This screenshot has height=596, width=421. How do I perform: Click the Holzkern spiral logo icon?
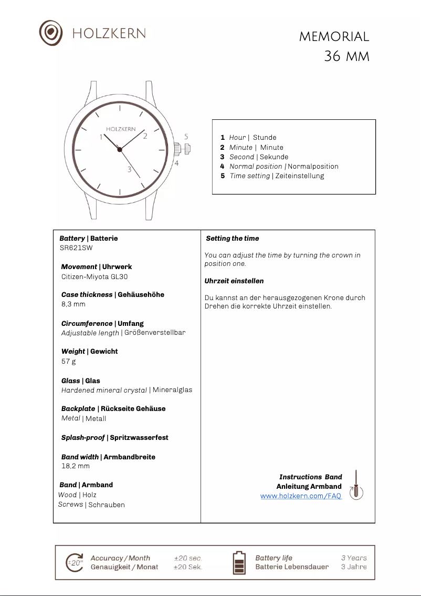pyautogui.click(x=51, y=33)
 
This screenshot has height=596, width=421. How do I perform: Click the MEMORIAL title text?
pyautogui.click(x=334, y=37)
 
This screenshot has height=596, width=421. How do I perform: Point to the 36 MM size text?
pyautogui.click(x=346, y=56)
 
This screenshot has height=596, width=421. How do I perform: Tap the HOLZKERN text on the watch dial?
pyautogui.click(x=121, y=129)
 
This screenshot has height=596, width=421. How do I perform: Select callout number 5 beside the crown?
pyautogui.click(x=186, y=137)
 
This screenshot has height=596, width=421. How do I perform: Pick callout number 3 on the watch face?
pyautogui.click(x=129, y=169)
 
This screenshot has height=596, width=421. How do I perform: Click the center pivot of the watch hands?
pyautogui.click(x=120, y=150)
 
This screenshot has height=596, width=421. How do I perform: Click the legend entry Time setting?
pyautogui.click(x=250, y=176)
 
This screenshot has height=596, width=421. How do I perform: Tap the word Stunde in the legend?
pyautogui.click(x=265, y=138)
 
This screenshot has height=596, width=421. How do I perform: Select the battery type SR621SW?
pyautogui.click(x=76, y=248)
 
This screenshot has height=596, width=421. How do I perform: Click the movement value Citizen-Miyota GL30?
pyautogui.click(x=94, y=276)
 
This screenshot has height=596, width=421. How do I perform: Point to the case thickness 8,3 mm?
pyautogui.click(x=73, y=304)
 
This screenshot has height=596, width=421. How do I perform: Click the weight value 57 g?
pyautogui.click(x=69, y=362)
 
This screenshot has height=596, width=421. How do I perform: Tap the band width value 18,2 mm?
pyautogui.click(x=76, y=466)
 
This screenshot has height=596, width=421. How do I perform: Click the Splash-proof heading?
pyautogui.click(x=83, y=438)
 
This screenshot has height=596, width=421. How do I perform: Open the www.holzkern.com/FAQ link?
pyautogui.click(x=301, y=496)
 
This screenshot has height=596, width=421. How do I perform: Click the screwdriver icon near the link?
pyautogui.click(x=356, y=485)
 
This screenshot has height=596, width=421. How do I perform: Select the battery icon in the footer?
pyautogui.click(x=239, y=563)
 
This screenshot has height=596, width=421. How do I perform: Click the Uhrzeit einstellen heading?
pyautogui.click(x=234, y=281)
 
